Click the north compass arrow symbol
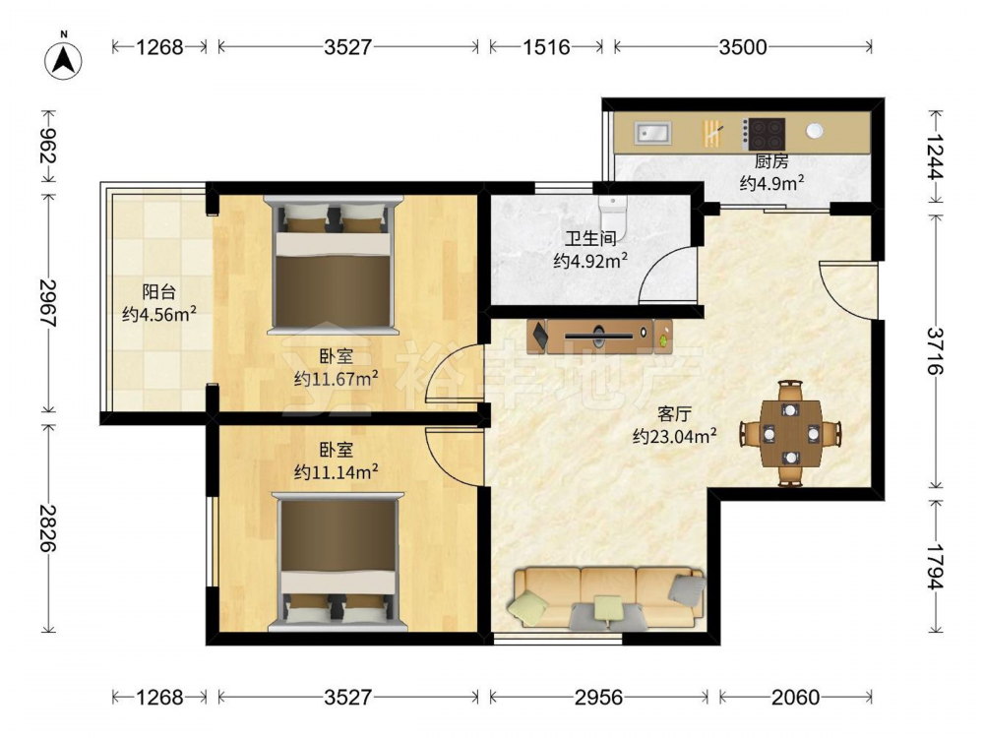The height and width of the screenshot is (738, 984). [63, 60]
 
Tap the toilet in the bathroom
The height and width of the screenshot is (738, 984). [613, 213]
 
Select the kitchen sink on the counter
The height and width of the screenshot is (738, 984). [652, 133]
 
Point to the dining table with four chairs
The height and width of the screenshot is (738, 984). [791, 433]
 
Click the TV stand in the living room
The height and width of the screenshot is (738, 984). [599, 337]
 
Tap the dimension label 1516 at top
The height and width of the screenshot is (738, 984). [546, 47]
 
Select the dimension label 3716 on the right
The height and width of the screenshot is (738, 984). [935, 351]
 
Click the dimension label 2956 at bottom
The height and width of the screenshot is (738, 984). [598, 698]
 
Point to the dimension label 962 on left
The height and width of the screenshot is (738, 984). [48, 147]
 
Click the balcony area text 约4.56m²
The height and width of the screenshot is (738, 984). [159, 314]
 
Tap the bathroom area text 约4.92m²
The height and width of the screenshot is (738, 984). [590, 260]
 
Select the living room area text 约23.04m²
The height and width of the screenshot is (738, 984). [675, 436]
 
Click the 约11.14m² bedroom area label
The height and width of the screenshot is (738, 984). [337, 471]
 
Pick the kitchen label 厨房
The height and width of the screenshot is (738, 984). [771, 162]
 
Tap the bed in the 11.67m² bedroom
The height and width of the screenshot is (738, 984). [334, 265]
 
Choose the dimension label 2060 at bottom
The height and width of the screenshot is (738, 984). [795, 698]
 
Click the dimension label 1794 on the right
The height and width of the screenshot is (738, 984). [935, 566]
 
